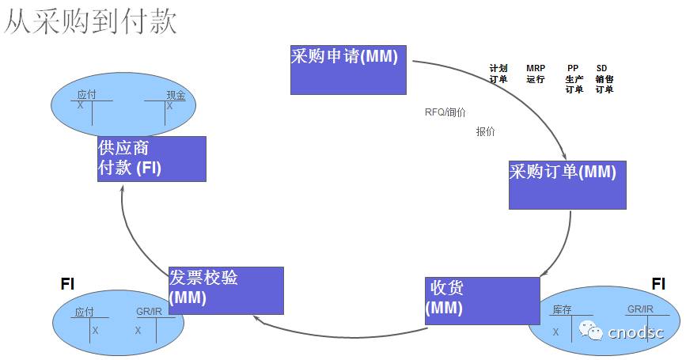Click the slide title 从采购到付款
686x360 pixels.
[x=89, y=21]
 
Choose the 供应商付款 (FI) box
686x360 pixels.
[x=151, y=158]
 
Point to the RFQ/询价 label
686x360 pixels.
[x=445, y=112]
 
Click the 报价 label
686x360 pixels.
[x=486, y=131]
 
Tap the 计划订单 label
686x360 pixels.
[x=498, y=74]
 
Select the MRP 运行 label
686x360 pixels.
[x=536, y=74]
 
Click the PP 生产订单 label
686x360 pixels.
[x=574, y=79]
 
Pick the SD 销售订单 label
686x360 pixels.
[x=604, y=79]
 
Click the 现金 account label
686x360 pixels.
[x=176, y=95]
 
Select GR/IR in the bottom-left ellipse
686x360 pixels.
[x=148, y=312]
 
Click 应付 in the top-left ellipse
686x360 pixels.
[x=86, y=95]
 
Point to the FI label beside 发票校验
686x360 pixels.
[x=68, y=283]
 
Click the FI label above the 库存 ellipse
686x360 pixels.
[x=658, y=283]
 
